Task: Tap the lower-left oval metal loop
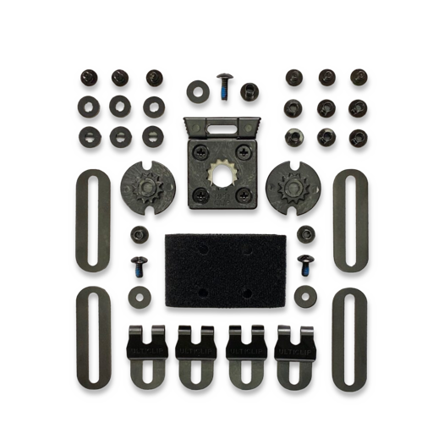click(x=91, y=337)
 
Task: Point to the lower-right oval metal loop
click(x=348, y=337)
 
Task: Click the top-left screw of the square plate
click(x=200, y=152)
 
